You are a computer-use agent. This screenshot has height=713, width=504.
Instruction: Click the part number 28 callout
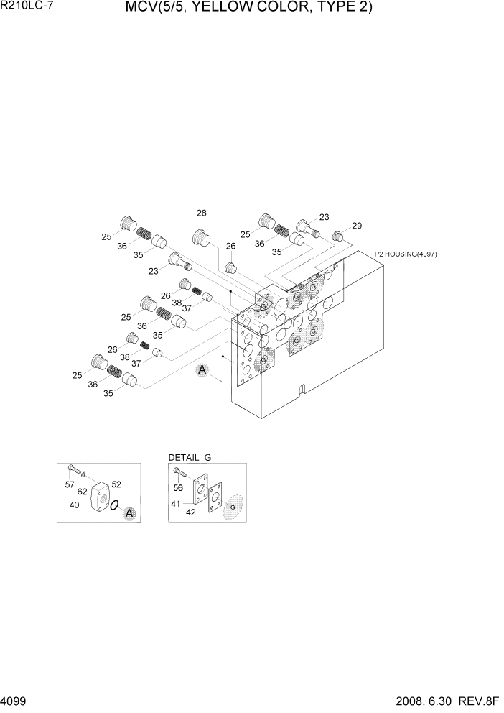202,213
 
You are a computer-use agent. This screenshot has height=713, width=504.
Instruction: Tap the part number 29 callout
357,226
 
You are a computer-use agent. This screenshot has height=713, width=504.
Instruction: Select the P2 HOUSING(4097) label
406,254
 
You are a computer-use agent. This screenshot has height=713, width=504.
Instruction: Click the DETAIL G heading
190,457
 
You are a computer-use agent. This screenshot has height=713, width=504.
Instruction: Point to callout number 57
70,485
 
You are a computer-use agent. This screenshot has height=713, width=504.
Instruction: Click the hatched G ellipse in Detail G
233,508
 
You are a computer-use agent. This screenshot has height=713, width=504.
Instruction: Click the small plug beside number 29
337,235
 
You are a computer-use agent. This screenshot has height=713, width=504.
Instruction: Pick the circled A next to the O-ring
129,513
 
